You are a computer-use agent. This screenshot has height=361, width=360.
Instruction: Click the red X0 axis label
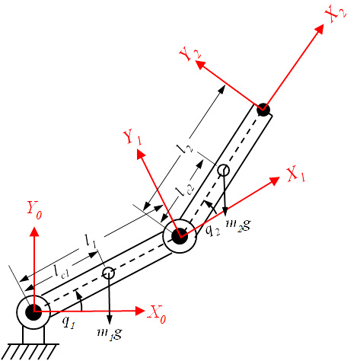point(157,315)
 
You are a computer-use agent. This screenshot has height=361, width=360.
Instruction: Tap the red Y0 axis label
point(34,210)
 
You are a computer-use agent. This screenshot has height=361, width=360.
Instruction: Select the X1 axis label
point(296,174)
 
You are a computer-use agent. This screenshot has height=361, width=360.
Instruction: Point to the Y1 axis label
point(132,137)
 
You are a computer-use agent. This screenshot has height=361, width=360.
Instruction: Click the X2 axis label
point(336,14)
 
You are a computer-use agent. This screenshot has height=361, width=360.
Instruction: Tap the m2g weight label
point(238,225)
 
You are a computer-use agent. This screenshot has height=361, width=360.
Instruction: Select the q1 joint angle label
point(68,322)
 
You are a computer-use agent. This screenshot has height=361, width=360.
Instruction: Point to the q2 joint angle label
point(212,230)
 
